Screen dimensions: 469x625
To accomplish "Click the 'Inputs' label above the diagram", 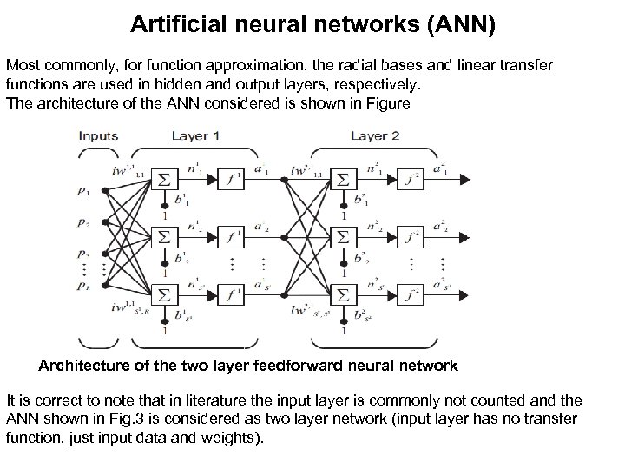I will pyautogui.click(x=97, y=136).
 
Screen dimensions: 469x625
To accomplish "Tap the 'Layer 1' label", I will pyautogui.click(x=194, y=136).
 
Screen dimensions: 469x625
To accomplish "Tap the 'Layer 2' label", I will pyautogui.click(x=374, y=136).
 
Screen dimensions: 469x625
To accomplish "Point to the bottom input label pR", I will pyautogui.click(x=82, y=285).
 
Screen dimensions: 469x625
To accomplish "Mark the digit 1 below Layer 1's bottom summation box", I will pyautogui.click(x=165, y=331).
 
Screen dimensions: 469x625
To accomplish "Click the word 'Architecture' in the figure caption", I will pyautogui.click(x=85, y=366).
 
